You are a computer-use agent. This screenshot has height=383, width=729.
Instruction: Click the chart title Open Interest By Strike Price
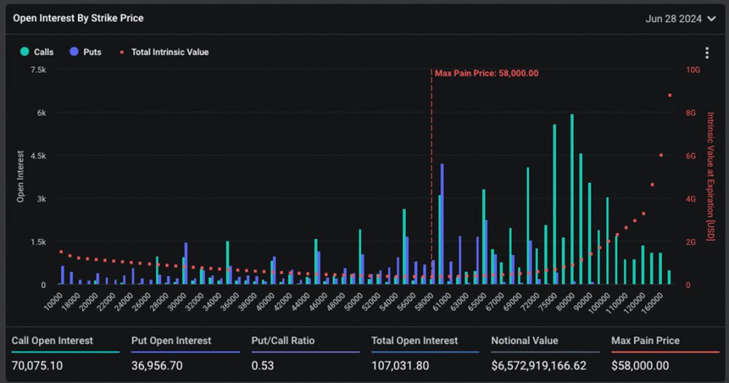(78, 18)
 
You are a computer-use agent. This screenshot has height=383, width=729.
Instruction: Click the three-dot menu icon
(706, 53)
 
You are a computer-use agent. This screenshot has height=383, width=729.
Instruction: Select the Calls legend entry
(38, 52)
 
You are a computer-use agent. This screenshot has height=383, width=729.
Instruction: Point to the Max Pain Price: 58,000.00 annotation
(486, 73)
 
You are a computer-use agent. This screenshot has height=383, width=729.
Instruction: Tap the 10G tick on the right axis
(693, 70)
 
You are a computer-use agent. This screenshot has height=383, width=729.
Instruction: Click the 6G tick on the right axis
(691, 156)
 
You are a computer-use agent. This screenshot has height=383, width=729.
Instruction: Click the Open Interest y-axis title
(20, 176)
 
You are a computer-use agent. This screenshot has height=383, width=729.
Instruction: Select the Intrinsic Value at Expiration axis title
(711, 176)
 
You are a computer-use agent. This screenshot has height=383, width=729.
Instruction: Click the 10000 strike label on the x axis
(53, 300)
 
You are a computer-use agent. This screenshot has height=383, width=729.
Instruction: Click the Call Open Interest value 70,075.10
(37, 365)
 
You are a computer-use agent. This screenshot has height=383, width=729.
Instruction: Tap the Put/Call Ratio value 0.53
(262, 365)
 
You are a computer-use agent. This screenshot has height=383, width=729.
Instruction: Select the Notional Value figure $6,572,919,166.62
(539, 365)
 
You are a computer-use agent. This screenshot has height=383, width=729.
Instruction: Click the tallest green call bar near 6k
(572, 198)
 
